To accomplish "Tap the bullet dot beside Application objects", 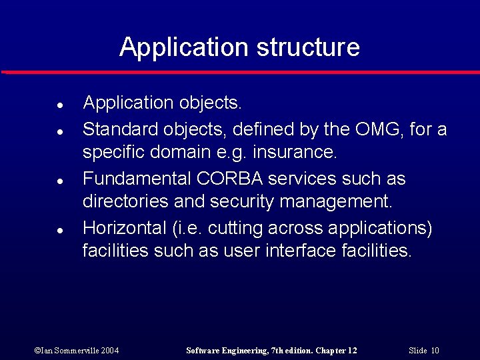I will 59,105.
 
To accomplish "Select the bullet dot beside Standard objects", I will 59,131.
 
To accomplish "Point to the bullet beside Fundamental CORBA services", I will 59,181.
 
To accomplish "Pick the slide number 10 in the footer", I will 435,351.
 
